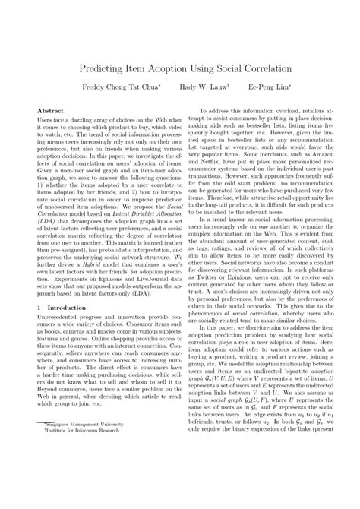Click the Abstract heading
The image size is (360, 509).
50,111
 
